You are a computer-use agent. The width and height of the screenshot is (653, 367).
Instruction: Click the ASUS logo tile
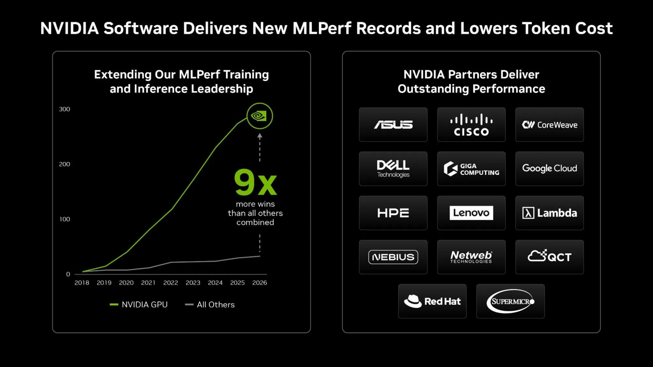pos(393,125)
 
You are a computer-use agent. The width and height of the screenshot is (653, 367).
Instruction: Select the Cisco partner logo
pos(471,125)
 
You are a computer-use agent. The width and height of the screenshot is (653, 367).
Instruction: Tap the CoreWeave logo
pos(549,125)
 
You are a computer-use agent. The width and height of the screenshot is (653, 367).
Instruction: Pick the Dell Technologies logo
pos(393,169)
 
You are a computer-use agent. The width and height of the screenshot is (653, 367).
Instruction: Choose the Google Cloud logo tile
pos(549,169)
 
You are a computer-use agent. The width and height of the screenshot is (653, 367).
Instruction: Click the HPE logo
pos(393,213)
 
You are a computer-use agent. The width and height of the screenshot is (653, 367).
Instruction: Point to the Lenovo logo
pos(471,213)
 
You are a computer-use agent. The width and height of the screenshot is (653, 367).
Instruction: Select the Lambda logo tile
pos(549,213)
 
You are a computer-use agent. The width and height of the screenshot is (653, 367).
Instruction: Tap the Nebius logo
pos(393,257)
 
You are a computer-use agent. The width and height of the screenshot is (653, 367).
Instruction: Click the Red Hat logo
pos(432,301)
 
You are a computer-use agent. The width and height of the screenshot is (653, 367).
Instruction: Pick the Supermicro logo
pos(510,301)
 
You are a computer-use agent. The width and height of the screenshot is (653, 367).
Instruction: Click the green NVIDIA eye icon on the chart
pos(259,116)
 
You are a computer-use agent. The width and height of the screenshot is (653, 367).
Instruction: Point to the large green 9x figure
pos(255,183)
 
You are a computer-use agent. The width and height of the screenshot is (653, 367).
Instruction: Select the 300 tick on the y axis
pos(64,109)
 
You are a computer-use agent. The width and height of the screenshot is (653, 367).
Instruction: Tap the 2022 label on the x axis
pos(171,283)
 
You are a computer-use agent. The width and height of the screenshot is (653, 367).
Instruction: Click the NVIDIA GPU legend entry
pos(139,304)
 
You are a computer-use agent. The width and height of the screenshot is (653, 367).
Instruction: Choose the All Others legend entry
pos(210,304)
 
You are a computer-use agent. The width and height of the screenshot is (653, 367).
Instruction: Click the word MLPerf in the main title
pos(322,29)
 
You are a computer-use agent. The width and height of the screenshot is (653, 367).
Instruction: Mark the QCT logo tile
pos(549,257)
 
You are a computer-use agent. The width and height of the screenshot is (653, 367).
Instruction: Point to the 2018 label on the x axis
pos(82,283)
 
